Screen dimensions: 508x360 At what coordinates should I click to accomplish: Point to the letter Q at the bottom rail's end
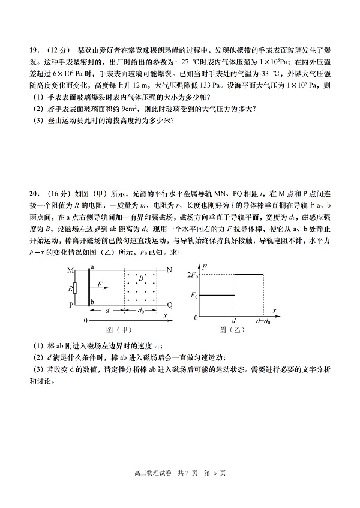(170, 305)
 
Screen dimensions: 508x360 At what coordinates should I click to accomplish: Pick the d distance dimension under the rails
(107, 311)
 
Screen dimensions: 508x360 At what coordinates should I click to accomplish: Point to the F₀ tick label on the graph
(193, 296)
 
